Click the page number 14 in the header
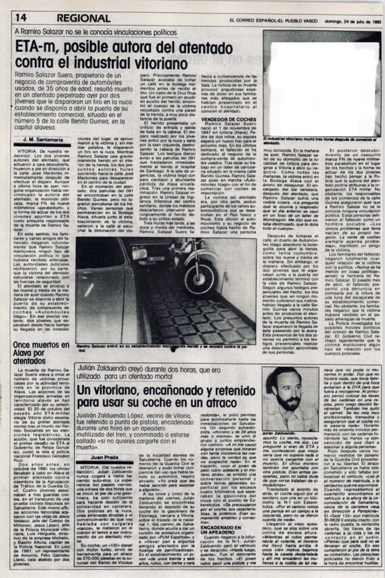point(22,18)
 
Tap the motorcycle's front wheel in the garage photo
point(199,277)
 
